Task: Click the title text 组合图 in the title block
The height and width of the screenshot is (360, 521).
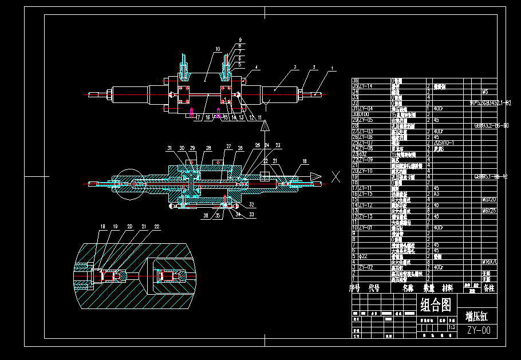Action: point(436,304)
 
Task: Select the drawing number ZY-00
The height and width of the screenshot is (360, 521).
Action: point(479,330)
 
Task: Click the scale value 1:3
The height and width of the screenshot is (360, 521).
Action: point(451,327)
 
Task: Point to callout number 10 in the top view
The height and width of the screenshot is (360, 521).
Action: point(218,49)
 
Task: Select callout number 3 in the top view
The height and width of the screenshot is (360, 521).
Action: point(295,67)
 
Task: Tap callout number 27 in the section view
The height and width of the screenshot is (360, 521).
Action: point(228,147)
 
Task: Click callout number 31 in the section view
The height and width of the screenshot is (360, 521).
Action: point(169,148)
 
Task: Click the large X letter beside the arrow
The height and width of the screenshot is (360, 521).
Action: point(336,176)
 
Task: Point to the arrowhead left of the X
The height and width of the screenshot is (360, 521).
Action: point(315,176)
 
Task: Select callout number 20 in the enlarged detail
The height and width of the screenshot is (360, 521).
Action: point(130,227)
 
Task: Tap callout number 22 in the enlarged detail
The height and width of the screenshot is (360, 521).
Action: point(157,227)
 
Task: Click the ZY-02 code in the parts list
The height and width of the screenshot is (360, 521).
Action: point(365,267)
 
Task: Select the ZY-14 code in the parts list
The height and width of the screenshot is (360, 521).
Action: point(365,86)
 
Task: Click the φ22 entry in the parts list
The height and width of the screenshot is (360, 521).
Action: point(364,256)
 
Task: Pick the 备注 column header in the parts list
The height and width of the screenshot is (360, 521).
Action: point(488,288)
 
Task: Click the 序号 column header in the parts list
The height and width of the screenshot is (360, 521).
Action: point(356,288)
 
